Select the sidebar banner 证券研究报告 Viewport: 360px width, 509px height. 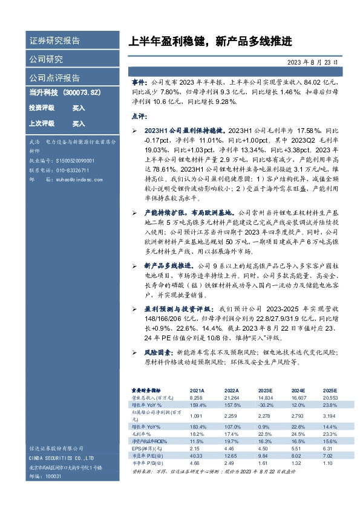click(x=54, y=41)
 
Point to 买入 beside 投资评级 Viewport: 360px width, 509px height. click(x=79, y=108)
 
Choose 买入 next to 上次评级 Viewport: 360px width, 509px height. click(x=79, y=123)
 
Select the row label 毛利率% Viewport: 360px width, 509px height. click(x=142, y=433)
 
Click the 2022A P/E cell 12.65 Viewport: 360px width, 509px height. click(x=231, y=455)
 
